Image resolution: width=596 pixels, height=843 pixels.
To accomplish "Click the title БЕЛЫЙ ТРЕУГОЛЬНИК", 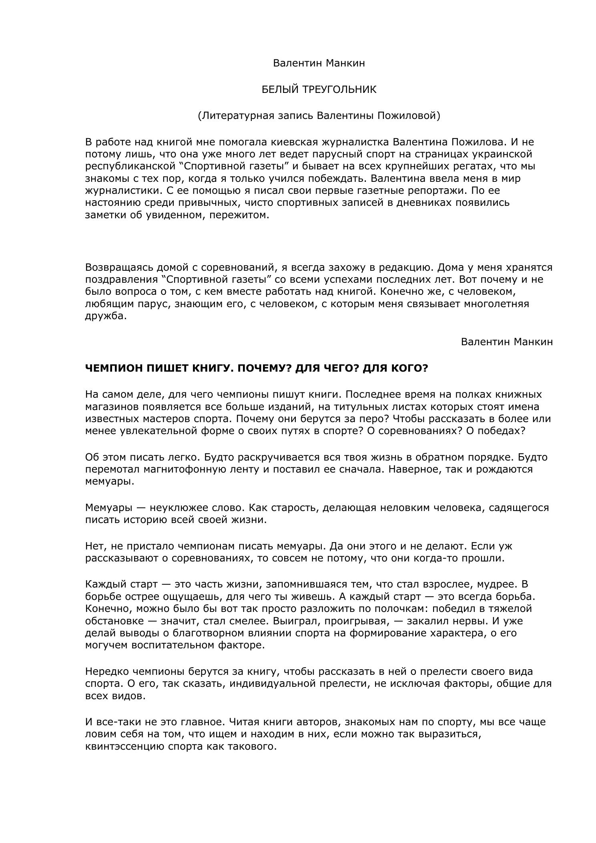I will (x=319, y=90).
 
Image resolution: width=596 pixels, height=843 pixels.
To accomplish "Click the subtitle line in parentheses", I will (x=319, y=116).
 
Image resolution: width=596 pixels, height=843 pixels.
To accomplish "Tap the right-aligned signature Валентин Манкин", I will (x=507, y=342).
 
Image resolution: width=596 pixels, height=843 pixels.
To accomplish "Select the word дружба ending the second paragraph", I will (x=104, y=316).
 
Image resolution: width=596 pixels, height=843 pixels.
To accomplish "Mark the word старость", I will (x=294, y=508).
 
